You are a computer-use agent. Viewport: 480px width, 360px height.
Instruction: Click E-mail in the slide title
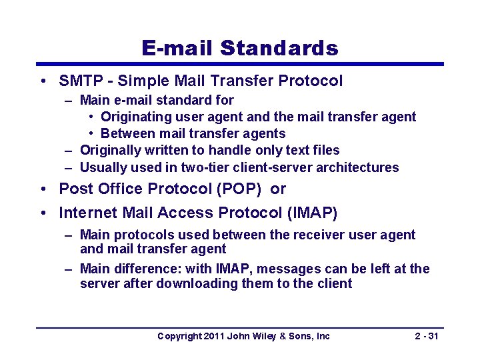pyautogui.click(x=177, y=49)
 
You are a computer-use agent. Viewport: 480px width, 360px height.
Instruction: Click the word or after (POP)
pyautogui.click(x=278, y=189)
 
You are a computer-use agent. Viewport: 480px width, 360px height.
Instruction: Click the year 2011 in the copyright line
pyautogui.click(x=213, y=336)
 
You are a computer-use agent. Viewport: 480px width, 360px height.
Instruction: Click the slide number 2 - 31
pyautogui.click(x=426, y=336)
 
